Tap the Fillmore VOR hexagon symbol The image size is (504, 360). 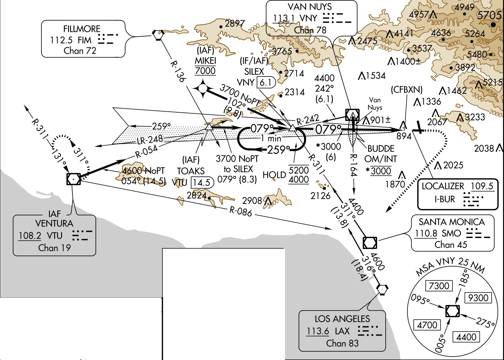(158, 34)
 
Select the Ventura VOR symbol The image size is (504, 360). (74, 179)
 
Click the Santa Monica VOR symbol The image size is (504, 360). (370, 243)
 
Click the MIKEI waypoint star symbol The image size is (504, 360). (203, 89)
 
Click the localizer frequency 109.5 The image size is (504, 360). (482, 186)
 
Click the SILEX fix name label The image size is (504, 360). (254, 72)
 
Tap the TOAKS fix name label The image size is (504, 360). (191, 171)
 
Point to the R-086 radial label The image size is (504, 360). (241, 211)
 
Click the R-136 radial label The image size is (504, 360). (177, 72)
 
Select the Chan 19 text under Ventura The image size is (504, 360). (54, 248)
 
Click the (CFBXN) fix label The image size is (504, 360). (406, 90)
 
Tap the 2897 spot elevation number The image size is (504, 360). (235, 23)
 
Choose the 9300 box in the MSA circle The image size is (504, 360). (478, 297)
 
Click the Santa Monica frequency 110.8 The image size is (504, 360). (426, 233)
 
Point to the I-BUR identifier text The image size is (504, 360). (445, 199)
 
